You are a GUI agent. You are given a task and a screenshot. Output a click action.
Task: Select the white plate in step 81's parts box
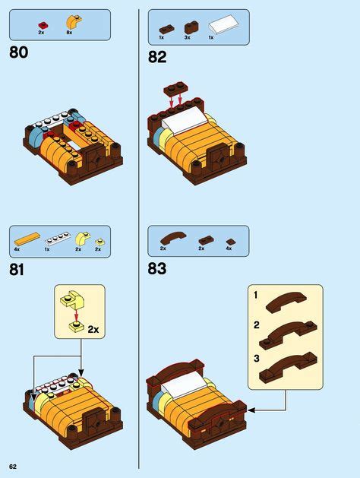[50, 239]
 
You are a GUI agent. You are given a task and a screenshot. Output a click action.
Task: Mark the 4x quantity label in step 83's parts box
[229, 248]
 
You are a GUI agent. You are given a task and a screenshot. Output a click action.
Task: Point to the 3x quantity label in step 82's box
[188, 37]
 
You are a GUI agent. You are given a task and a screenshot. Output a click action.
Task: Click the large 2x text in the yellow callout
[94, 330]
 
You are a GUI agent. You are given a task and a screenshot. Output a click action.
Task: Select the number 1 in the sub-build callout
[256, 294]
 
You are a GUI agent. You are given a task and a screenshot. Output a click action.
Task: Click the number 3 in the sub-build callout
[256, 356]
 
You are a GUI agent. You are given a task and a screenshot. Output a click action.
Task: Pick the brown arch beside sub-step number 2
[286, 331]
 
